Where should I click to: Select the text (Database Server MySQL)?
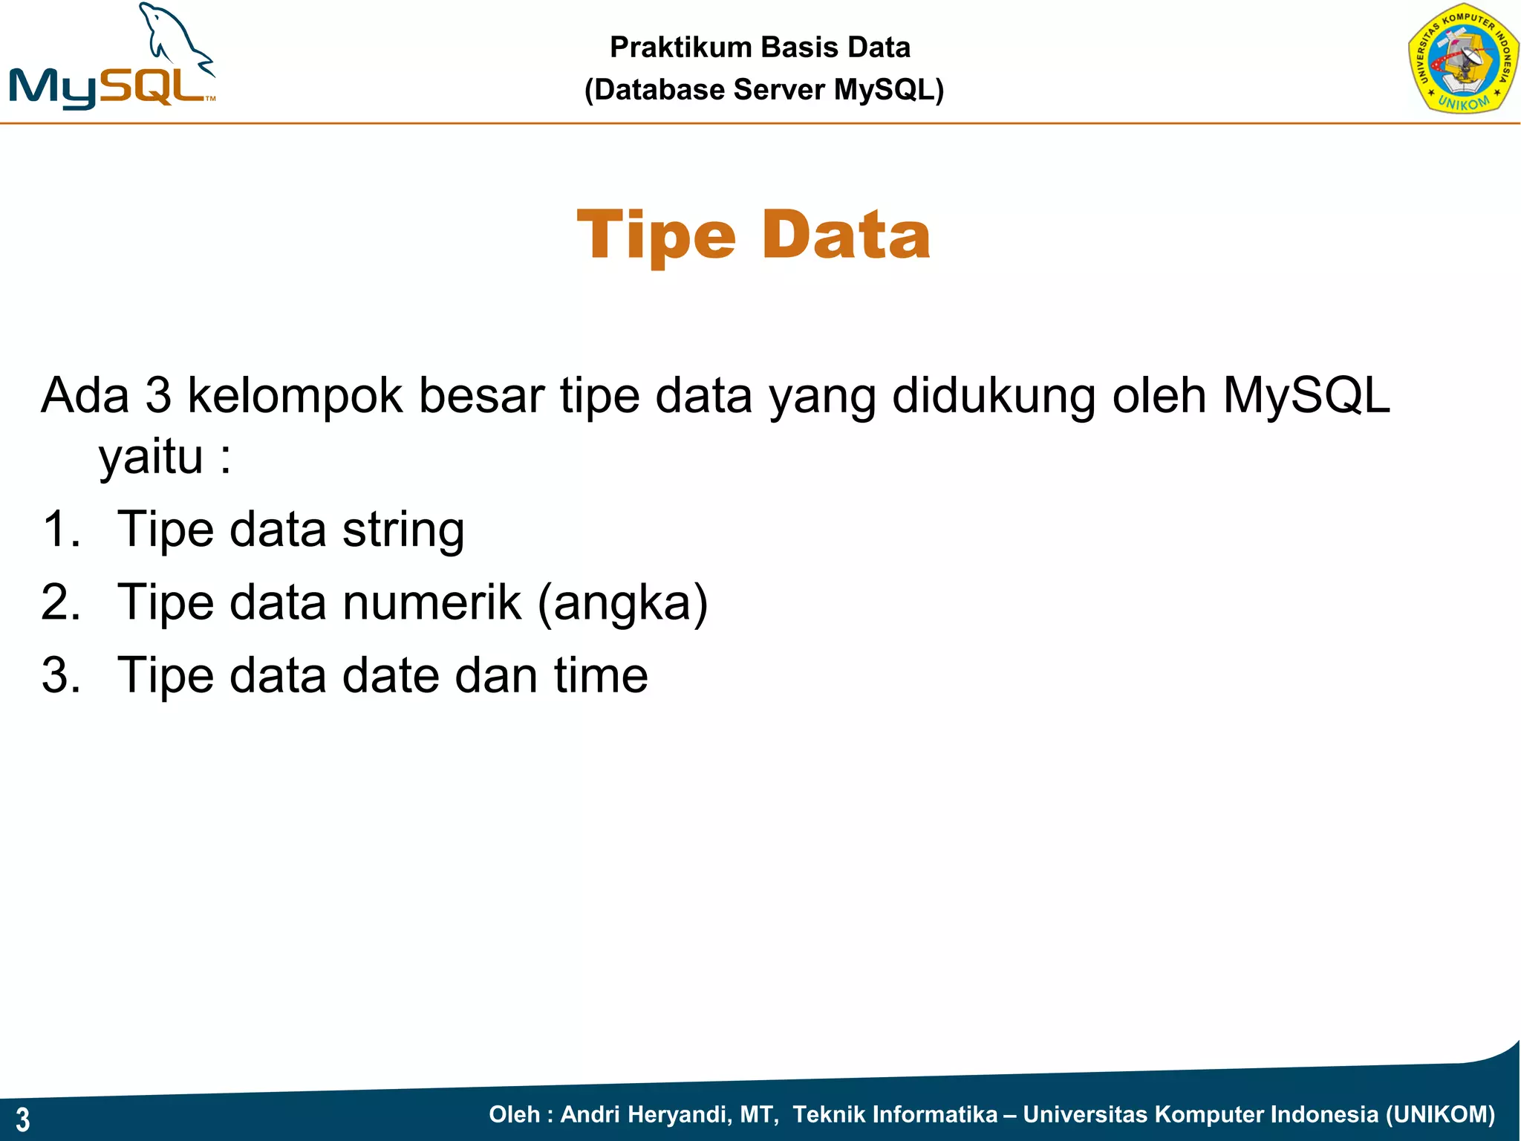[763, 90]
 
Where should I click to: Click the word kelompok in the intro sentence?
[295, 396]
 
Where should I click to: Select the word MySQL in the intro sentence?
[1306, 396]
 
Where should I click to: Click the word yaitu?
[151, 457]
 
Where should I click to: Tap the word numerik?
[431, 602]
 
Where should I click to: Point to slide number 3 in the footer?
[23, 1119]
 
